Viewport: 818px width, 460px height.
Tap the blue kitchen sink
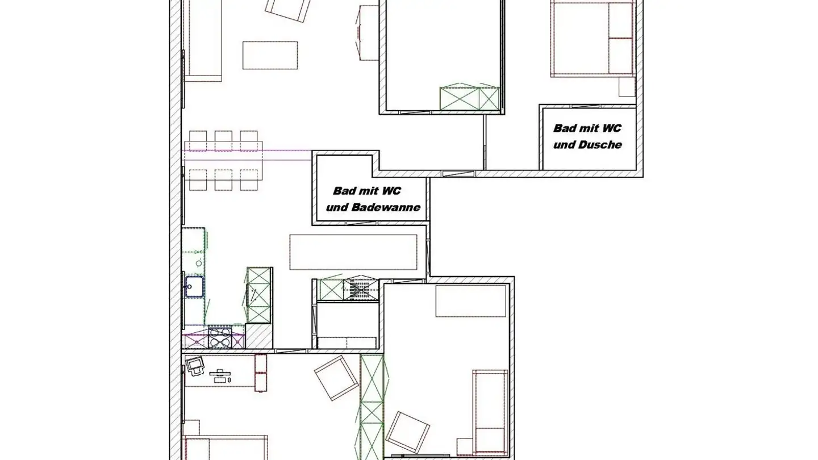pos(194,286)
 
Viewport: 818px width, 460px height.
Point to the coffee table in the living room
pos(270,55)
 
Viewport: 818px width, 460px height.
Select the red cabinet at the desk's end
pos(261,373)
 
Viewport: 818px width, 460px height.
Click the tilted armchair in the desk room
pos(336,378)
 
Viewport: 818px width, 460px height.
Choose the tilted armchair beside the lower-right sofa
pos(407,432)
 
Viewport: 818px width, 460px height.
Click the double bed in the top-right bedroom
pos(592,39)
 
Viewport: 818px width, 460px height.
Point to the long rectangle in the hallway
pos(353,252)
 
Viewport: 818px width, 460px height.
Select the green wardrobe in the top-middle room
pos(470,98)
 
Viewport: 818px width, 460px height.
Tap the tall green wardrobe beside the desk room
pos(372,406)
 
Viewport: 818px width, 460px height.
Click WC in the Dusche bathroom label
pos(611,128)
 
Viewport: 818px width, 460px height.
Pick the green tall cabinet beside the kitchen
pos(259,295)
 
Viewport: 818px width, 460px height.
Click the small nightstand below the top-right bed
pos(627,87)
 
